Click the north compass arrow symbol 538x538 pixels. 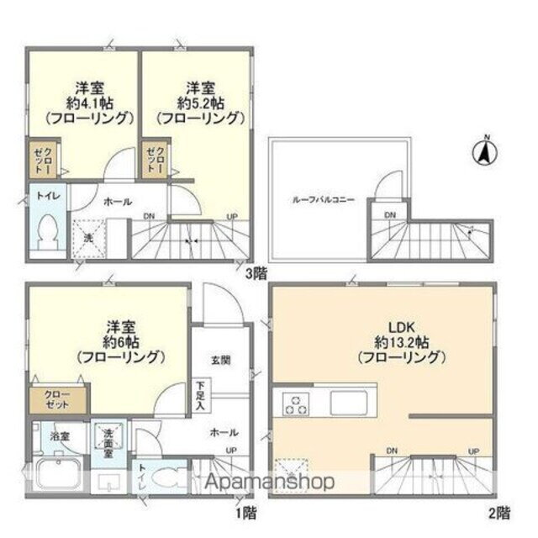(486, 153)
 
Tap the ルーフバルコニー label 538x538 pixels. (323, 200)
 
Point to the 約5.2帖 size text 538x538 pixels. (198, 103)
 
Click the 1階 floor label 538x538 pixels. (245, 512)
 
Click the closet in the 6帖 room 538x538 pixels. (58, 399)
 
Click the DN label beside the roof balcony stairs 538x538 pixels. (390, 215)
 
